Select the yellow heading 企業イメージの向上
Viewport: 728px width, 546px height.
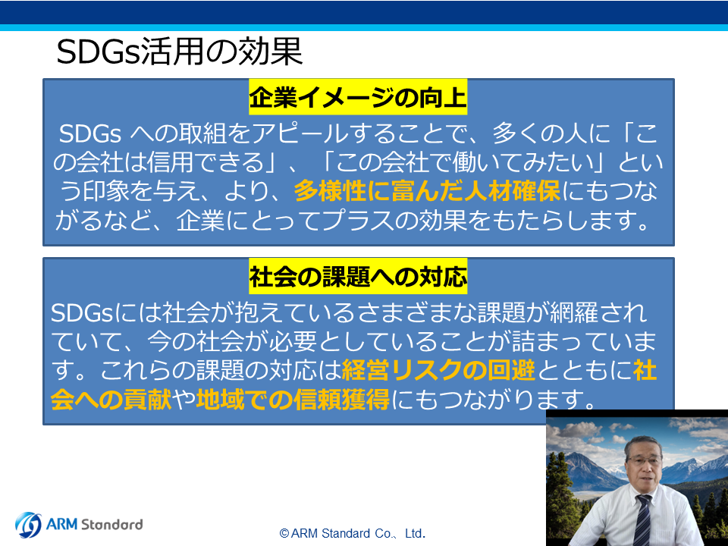358,98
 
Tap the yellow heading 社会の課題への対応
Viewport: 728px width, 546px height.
358,277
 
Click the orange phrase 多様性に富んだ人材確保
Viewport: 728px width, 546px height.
427,191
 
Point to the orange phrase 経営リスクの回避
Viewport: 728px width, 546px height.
438,370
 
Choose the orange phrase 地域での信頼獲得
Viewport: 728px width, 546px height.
293,400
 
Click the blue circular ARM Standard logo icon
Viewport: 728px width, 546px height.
28,525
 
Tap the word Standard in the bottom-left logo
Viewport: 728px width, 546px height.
112,524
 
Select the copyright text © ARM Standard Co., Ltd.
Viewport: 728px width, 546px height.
353,533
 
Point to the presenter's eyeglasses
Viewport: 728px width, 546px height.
644,460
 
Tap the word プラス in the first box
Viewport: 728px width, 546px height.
357,220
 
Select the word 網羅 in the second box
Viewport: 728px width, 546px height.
574,313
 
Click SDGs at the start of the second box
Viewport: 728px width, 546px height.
82,313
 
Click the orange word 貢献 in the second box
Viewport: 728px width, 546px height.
148,400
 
